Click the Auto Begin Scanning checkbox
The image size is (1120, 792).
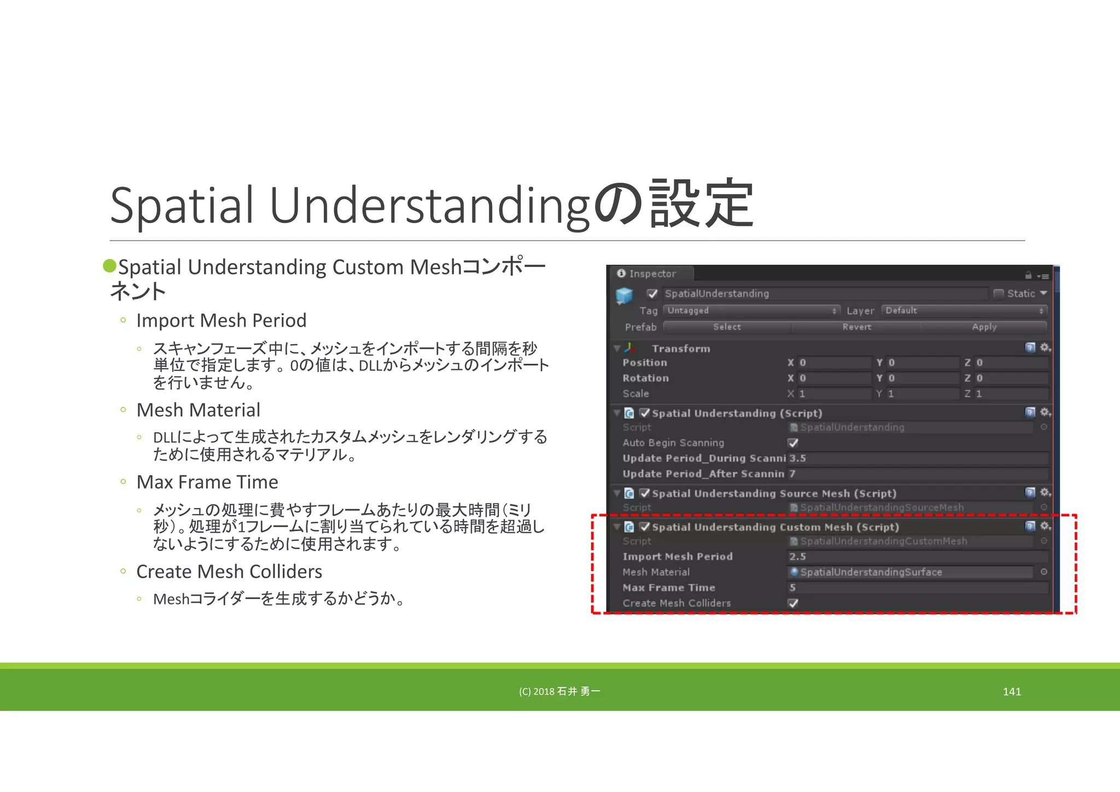pyautogui.click(x=793, y=443)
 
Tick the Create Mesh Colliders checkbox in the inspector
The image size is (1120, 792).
pyautogui.click(x=793, y=603)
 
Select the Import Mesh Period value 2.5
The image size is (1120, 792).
pyautogui.click(x=917, y=557)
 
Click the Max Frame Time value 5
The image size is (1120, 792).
pyautogui.click(x=917, y=588)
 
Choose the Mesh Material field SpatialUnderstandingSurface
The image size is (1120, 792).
pyautogui.click(x=910, y=572)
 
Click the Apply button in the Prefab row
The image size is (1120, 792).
pyautogui.click(x=984, y=327)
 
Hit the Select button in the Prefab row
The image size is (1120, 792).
pyautogui.click(x=727, y=327)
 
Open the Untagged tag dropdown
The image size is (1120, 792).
pyautogui.click(x=751, y=311)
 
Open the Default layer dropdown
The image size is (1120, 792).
pyautogui.click(x=964, y=311)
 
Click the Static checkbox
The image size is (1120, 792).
pyautogui.click(x=999, y=294)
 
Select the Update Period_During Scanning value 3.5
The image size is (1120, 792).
pyautogui.click(x=917, y=458)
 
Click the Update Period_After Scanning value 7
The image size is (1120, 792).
pyautogui.click(x=917, y=474)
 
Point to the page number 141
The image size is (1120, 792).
pyautogui.click(x=1012, y=692)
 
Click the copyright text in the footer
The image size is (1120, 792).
pyautogui.click(x=559, y=692)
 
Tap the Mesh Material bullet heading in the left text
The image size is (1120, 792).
pyautogui.click(x=198, y=410)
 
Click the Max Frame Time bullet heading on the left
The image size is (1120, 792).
pyautogui.click(x=207, y=482)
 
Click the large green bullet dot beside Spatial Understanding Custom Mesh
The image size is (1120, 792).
pyautogui.click(x=110, y=266)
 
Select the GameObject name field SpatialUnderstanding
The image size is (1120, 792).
pyautogui.click(x=825, y=294)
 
